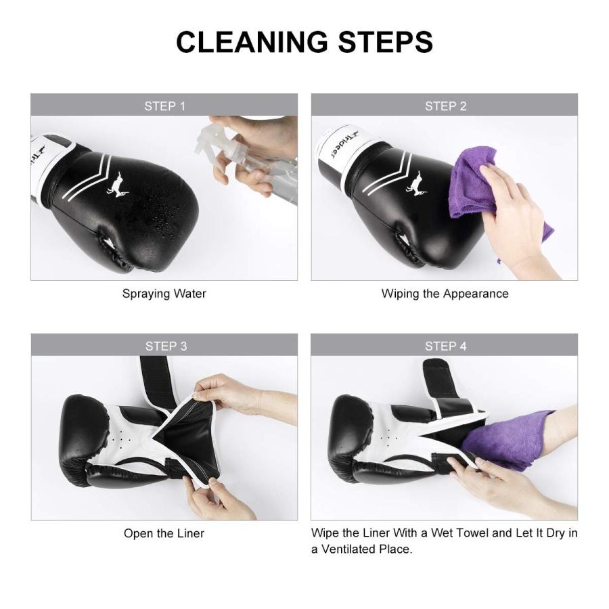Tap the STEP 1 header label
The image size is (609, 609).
click(164, 106)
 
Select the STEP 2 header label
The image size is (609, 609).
click(445, 106)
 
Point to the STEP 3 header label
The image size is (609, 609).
click(165, 346)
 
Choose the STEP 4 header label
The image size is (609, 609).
click(445, 346)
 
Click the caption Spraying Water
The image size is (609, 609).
click(164, 294)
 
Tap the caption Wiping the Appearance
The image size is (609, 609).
click(445, 294)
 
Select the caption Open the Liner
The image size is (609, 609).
click(164, 533)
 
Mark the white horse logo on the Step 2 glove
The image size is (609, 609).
click(416, 183)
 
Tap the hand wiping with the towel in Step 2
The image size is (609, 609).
click(521, 217)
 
